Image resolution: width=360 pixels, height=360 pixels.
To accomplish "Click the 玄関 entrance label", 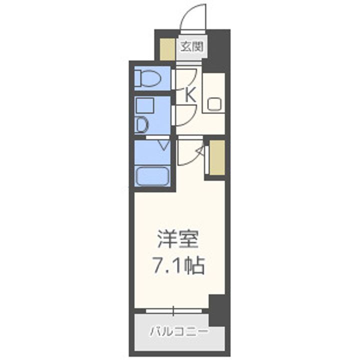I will (x=191, y=47).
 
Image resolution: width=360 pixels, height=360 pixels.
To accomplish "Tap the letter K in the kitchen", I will (x=190, y=94).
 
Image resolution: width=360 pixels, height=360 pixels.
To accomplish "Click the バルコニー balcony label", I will (x=178, y=331).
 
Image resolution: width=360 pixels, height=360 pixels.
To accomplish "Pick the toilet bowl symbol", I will (x=148, y=78).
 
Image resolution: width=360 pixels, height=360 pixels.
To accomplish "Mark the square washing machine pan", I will (x=145, y=106).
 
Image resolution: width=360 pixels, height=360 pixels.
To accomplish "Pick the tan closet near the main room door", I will (x=216, y=157).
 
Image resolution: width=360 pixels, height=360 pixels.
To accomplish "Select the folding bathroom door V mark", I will (x=164, y=146).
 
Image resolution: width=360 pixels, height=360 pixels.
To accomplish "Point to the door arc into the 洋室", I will (x=190, y=152).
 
